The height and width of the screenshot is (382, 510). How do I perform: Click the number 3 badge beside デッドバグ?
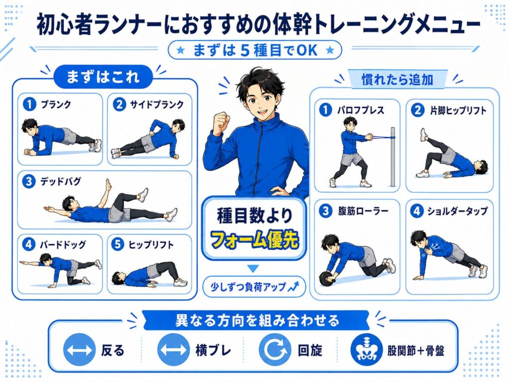(x=28, y=181)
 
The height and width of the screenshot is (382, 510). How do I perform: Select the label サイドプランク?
(x=157, y=104)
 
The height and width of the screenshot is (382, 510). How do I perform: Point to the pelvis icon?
(x=367, y=350)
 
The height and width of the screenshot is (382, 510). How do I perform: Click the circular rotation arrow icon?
(x=275, y=350)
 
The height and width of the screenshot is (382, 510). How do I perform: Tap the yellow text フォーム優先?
(x=255, y=240)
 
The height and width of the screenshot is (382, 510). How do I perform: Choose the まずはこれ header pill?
(x=103, y=77)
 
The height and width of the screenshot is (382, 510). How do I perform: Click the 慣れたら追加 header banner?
(x=397, y=79)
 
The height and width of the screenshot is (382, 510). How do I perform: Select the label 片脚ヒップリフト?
(x=458, y=110)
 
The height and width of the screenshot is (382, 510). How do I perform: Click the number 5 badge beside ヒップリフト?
(x=118, y=244)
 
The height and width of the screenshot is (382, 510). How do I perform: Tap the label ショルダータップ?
(x=457, y=211)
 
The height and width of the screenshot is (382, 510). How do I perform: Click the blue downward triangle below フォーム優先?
(x=254, y=269)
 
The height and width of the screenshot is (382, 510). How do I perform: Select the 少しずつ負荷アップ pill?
(x=254, y=286)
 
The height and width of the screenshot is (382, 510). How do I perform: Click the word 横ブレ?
(x=213, y=351)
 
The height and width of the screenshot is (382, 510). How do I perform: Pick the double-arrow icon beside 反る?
(x=79, y=350)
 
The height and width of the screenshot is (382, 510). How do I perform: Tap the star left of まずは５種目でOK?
(x=181, y=50)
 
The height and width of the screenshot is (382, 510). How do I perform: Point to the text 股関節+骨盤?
(x=416, y=351)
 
